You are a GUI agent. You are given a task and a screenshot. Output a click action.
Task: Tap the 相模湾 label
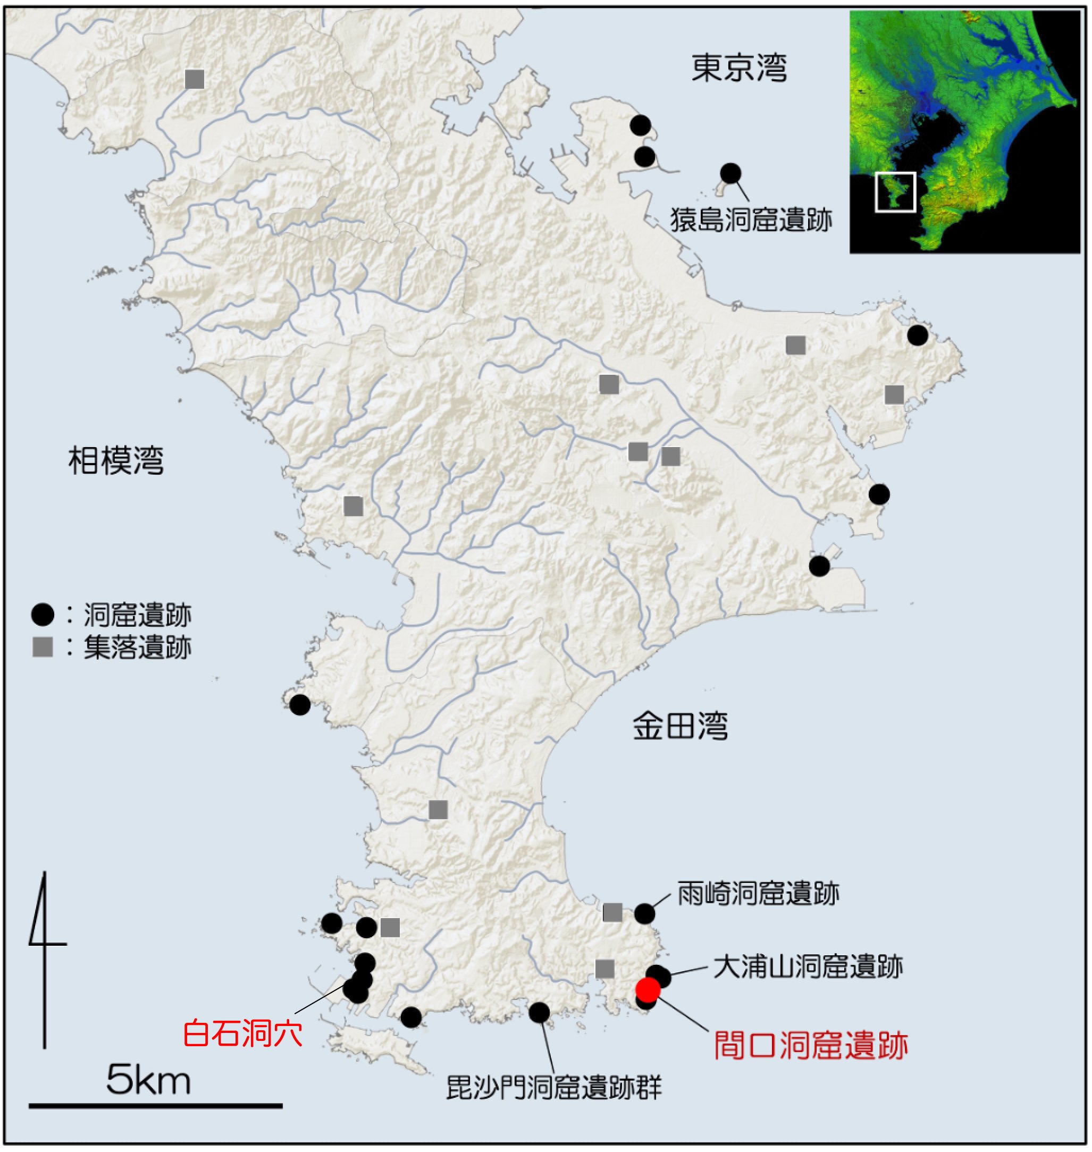pyautogui.click(x=116, y=461)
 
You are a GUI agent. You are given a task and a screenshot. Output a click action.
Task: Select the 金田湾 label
pyautogui.click(x=680, y=727)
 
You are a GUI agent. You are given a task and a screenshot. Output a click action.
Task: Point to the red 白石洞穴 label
pyautogui.click(x=243, y=1034)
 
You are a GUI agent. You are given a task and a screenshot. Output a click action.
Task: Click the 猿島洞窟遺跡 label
pyautogui.click(x=751, y=221)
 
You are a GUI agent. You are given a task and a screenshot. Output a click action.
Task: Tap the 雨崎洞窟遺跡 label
pyautogui.click(x=758, y=894)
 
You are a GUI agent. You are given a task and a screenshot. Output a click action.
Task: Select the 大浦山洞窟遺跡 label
pyautogui.click(x=808, y=967)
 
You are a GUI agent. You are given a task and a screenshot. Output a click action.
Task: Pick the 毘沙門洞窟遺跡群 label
pyautogui.click(x=553, y=1087)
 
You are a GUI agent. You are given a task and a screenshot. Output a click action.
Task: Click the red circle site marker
pyautogui.click(x=648, y=989)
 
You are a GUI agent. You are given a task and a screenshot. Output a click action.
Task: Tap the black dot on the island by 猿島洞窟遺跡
pyautogui.click(x=730, y=173)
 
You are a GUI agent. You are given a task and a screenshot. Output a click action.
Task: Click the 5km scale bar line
pyautogui.click(x=155, y=1105)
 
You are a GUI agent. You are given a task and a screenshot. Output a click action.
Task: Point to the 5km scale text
pyautogui.click(x=148, y=1080)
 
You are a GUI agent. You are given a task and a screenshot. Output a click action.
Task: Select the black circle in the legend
pyautogui.click(x=43, y=615)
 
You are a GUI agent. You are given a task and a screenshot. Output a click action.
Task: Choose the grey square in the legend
pyautogui.click(x=43, y=647)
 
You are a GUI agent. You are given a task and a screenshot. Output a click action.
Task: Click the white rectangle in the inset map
pyautogui.click(x=895, y=191)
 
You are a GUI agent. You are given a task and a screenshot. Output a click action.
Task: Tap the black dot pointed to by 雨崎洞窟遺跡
pyautogui.click(x=644, y=914)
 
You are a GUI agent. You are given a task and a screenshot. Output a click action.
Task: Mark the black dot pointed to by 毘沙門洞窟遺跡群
pyautogui.click(x=540, y=1013)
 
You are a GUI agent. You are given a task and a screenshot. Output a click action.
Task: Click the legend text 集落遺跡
pyautogui.click(x=137, y=648)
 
